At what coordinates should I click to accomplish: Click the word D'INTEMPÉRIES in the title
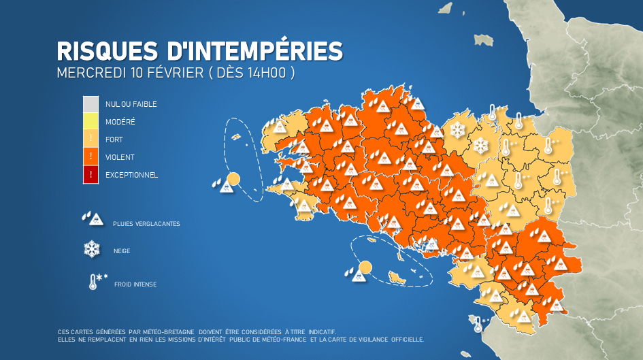point(254,52)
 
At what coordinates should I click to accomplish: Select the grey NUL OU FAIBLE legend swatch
point(91,104)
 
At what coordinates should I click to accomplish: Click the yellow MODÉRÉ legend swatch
point(91,122)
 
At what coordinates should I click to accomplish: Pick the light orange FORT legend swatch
point(91,140)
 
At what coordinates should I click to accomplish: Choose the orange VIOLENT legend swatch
point(91,157)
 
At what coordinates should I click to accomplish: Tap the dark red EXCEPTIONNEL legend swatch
point(91,175)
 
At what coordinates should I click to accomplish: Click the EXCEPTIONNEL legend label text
point(131,175)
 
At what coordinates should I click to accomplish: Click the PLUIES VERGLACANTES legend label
point(148,224)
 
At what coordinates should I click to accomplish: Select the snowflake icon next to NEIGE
point(92,250)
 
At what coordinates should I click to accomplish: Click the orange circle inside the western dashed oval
point(233,180)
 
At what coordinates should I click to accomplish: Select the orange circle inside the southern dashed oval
point(365,267)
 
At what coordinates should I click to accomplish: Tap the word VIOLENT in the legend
point(120,157)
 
